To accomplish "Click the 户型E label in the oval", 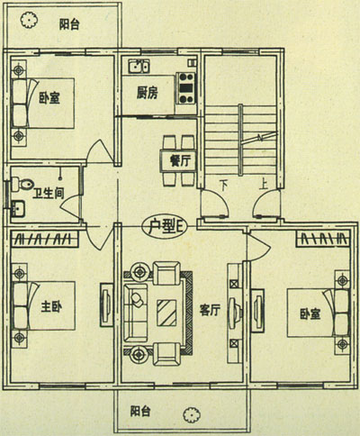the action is tap(166, 227).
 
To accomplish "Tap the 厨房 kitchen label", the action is tap(147, 93).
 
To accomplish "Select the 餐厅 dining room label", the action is tap(180, 160).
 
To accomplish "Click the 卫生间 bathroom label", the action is tap(49, 193).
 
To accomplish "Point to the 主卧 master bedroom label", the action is tap(51, 307).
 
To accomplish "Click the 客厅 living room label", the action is tap(210, 310).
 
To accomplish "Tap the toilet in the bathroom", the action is tap(22, 184).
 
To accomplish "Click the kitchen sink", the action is tap(139, 66).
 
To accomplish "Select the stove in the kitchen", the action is tap(185, 88).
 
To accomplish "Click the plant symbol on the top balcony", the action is tap(29, 20).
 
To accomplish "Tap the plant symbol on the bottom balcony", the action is tap(192, 414).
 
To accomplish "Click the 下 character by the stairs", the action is tap(223, 186).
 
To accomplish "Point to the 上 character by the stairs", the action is tap(264, 185).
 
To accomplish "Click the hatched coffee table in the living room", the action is tap(167, 313).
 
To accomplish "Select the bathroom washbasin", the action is tap(18, 208).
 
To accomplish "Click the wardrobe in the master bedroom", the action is tap(44, 239).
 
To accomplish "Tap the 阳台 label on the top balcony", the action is tap(69, 24).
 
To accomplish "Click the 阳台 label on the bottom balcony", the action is tap(140, 411).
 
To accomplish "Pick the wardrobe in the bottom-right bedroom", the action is tap(323, 239).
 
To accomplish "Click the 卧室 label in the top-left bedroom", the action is tap(49, 98).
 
